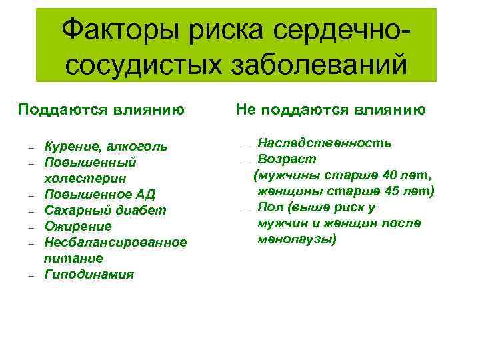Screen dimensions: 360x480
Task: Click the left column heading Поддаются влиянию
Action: [101, 109]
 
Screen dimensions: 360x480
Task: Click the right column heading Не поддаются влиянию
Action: [331, 109]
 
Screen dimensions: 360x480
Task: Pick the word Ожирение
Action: [77, 226]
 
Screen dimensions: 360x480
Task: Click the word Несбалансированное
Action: [115, 242]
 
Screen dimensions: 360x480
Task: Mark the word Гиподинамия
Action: [89, 274]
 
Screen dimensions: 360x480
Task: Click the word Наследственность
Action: [325, 143]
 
